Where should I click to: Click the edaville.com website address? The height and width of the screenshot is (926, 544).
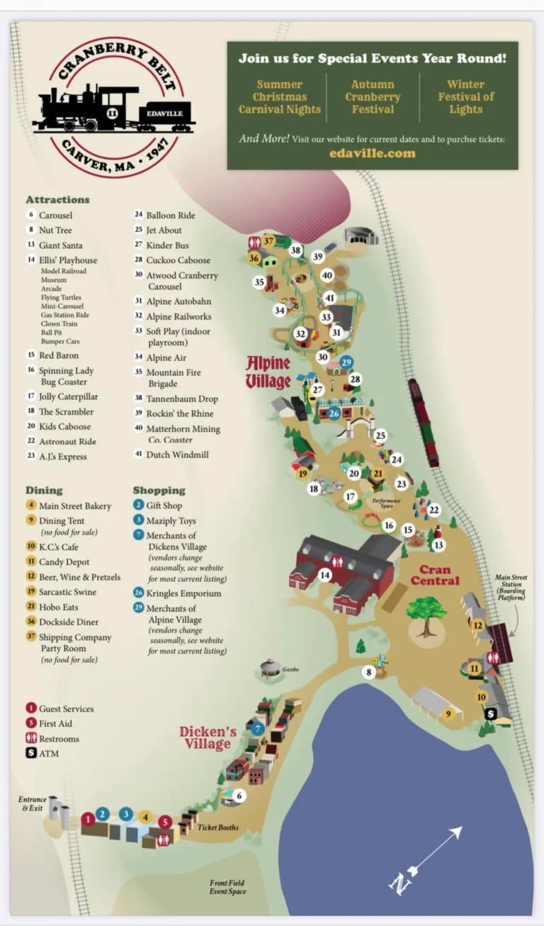click(372, 153)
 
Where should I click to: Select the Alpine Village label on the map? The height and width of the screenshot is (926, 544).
click(268, 373)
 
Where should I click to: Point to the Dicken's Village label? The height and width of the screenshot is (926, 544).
click(208, 737)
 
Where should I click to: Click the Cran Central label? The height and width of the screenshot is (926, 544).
click(439, 575)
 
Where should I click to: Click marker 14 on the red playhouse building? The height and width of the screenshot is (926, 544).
click(324, 575)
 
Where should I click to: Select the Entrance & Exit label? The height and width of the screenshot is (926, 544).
click(33, 803)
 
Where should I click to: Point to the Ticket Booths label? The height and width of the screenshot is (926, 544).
click(217, 827)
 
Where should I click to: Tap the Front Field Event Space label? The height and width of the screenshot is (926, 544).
click(227, 887)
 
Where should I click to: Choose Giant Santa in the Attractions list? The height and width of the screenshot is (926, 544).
click(60, 245)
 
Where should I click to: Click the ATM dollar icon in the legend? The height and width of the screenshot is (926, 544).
click(31, 753)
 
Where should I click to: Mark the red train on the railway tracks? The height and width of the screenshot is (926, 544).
click(424, 423)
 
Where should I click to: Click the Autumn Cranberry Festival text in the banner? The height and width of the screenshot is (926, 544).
click(373, 97)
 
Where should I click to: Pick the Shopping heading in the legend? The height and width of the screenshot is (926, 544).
click(159, 490)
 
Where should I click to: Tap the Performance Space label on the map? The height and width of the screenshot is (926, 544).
click(386, 503)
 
